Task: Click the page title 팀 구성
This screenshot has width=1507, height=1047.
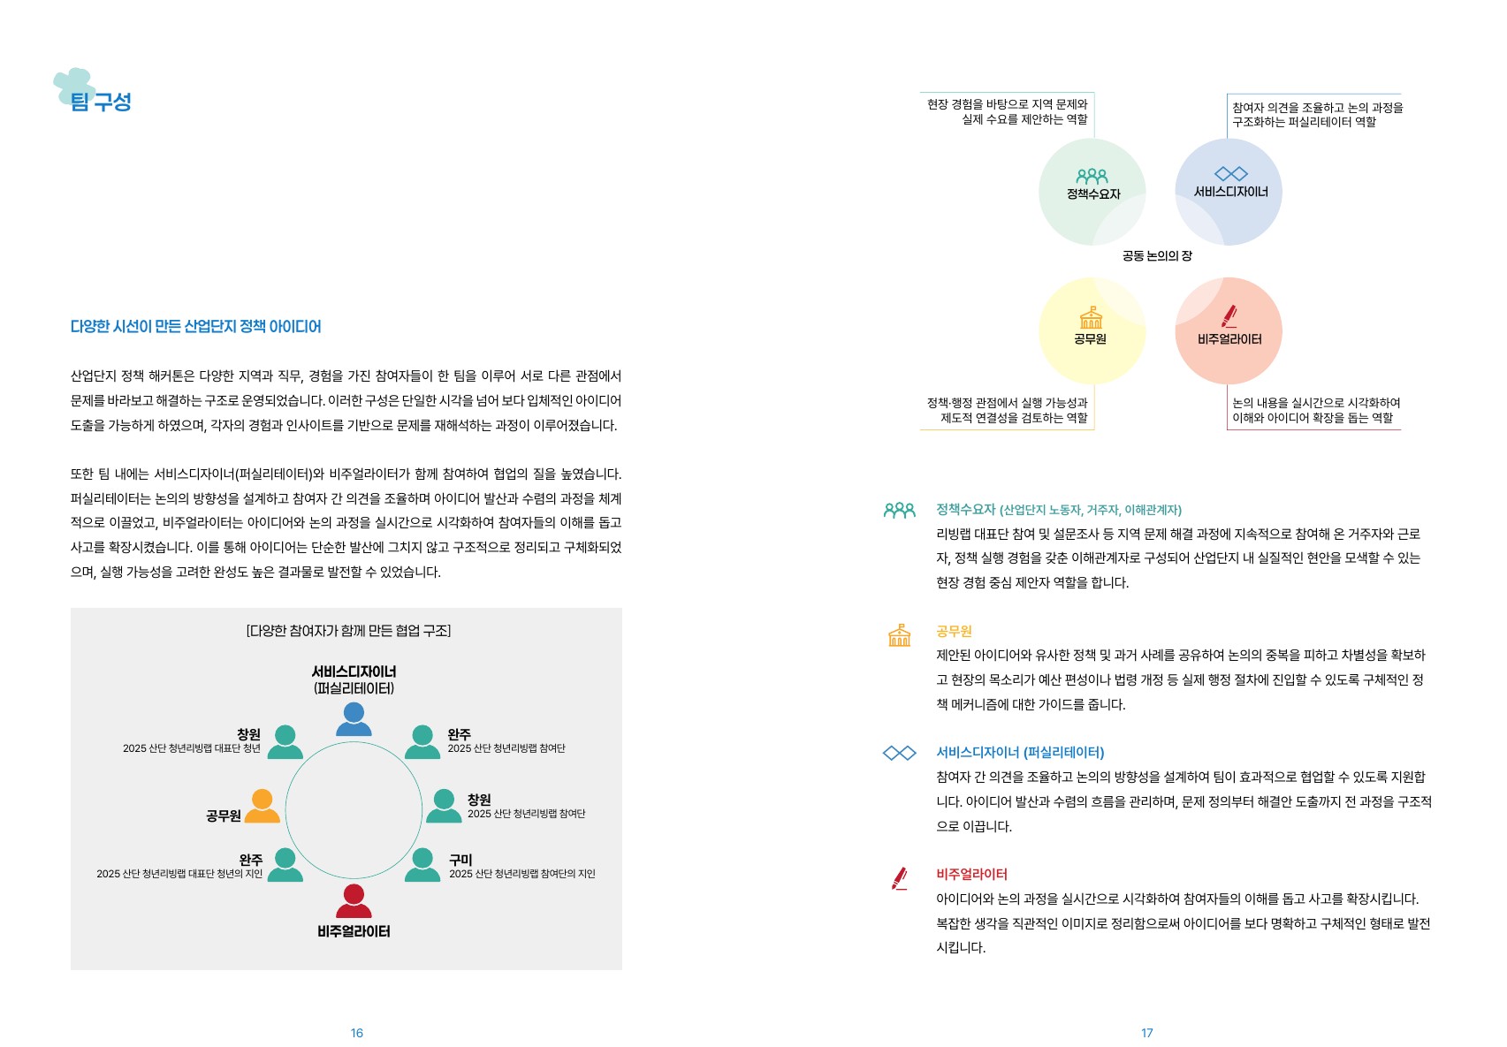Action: tap(100, 102)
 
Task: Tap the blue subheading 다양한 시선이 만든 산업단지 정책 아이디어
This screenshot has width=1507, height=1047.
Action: tap(195, 327)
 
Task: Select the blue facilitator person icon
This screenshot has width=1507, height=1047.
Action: tap(354, 719)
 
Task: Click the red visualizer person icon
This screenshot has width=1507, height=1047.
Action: tap(354, 901)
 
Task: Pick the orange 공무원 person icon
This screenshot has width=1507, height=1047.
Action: tap(262, 807)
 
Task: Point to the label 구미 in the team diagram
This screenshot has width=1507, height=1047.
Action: tap(460, 860)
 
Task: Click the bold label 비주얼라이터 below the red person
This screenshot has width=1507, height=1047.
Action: tap(354, 932)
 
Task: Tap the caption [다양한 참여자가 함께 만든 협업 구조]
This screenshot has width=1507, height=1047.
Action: tap(348, 631)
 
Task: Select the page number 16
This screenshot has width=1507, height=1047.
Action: tap(356, 1033)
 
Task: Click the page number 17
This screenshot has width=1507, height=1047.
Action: tap(1147, 1033)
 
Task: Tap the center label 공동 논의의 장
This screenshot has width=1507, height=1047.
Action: tap(1157, 256)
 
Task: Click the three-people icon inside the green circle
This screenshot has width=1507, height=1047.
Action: tap(1092, 176)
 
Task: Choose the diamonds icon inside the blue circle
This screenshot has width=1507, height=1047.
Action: tap(1231, 174)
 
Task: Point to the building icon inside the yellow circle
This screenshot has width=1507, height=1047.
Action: tap(1091, 317)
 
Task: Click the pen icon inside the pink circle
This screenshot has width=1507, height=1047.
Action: tap(1229, 316)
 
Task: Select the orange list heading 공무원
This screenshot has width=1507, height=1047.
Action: tap(954, 632)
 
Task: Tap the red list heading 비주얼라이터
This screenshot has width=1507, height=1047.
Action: tap(972, 874)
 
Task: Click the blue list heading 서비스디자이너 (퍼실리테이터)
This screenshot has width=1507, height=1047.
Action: tap(1021, 753)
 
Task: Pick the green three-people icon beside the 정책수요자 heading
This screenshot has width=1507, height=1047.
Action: tap(900, 511)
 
